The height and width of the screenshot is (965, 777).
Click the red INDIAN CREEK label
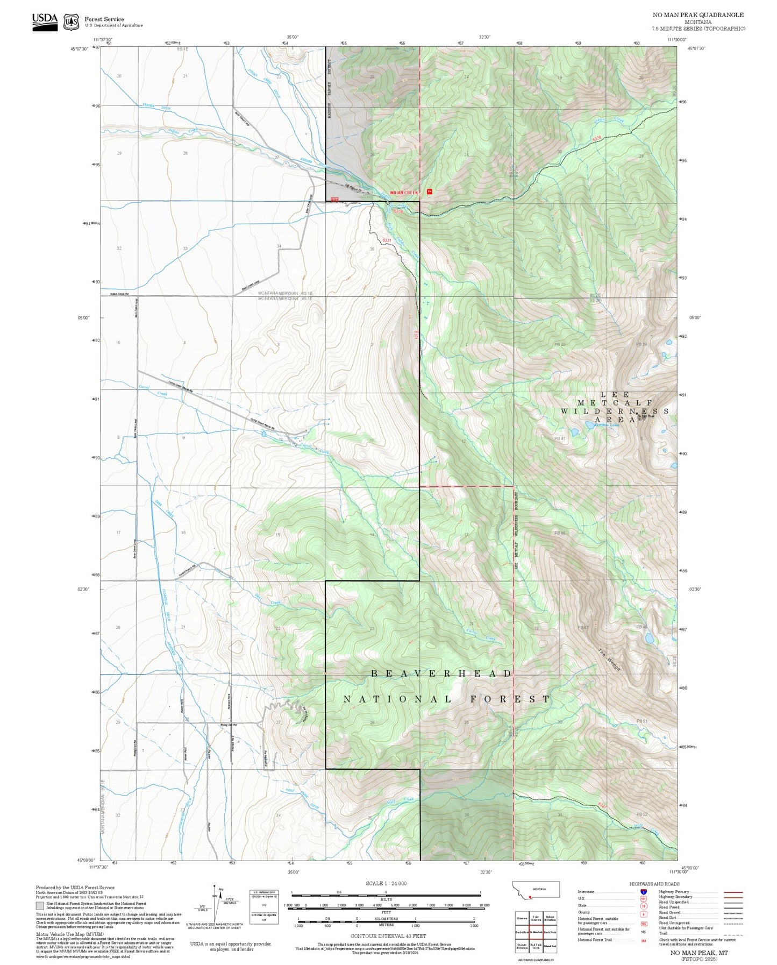[x=403, y=192]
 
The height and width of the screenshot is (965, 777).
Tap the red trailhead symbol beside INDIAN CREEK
[x=429, y=191]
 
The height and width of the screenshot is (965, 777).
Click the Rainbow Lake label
[x=607, y=424]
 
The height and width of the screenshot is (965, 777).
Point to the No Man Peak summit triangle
[x=639, y=413]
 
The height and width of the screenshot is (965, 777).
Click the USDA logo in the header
[x=45, y=21]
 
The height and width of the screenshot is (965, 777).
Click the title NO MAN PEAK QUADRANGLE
[x=698, y=15]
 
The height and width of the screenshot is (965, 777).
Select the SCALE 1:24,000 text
[x=386, y=883]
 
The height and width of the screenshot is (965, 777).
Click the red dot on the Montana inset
[x=530, y=897]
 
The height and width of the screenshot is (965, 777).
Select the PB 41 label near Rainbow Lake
[x=559, y=438]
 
